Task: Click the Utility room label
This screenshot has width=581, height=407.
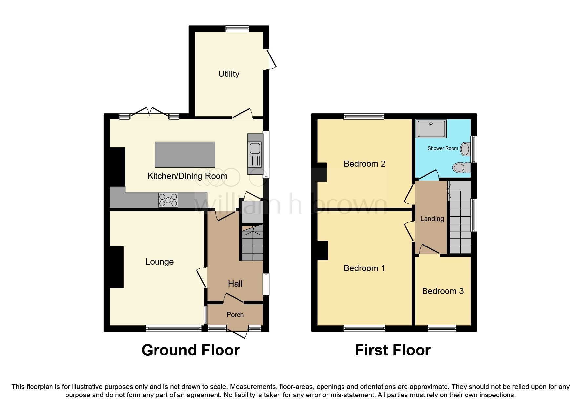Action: coord(229,74)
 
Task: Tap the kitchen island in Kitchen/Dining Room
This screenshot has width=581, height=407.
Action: coord(185,155)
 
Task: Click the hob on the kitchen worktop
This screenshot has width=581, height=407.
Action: coord(168,200)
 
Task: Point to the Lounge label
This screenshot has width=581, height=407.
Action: coord(159,262)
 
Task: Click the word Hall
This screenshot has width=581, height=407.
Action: coord(235,284)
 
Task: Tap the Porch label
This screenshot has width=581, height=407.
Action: coord(235,315)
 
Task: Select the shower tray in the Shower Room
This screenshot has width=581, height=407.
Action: coord(431,129)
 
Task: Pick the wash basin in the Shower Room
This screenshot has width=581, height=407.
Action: coord(465,149)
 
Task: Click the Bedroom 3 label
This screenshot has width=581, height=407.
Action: coord(443,291)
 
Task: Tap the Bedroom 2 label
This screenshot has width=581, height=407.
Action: coord(364,164)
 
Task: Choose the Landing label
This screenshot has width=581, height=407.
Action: coord(432,219)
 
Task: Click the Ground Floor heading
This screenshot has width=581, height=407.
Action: coord(190,350)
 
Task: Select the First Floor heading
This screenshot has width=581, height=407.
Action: coord(393,350)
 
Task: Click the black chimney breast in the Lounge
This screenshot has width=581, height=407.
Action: coord(116,267)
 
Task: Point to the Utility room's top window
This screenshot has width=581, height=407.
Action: coord(237,29)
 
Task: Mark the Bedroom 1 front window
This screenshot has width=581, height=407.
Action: coord(364,328)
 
